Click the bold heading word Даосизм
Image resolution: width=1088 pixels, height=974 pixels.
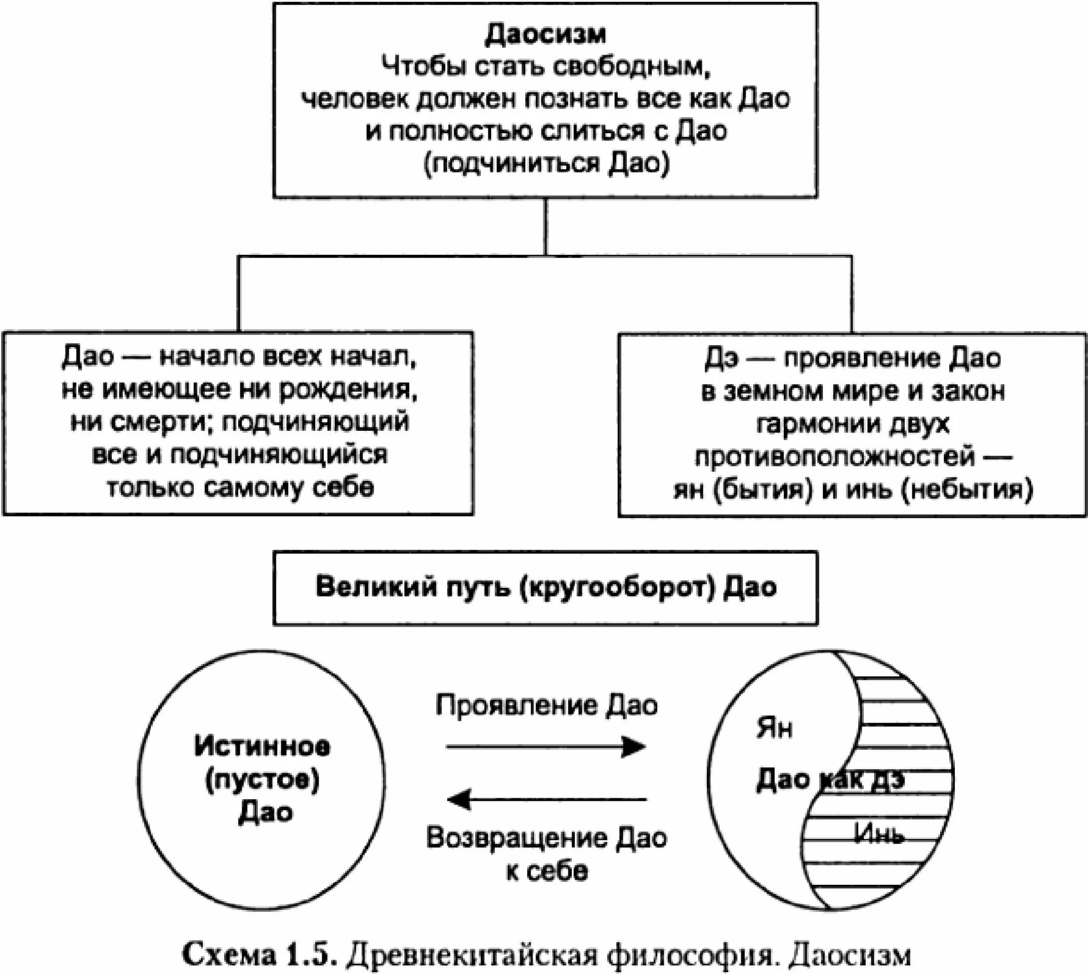pos(545,34)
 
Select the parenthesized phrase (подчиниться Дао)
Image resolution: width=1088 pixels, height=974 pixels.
pos(546,164)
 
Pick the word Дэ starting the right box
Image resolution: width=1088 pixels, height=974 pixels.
pos(721,359)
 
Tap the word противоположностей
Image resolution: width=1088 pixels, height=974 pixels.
pos(834,456)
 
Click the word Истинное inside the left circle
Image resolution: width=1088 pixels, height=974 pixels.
pos(262,746)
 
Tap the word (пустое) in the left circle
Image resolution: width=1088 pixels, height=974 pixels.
pos(262,780)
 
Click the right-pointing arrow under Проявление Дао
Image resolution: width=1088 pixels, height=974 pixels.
pos(546,747)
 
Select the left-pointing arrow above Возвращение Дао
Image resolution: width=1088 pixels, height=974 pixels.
pos(546,799)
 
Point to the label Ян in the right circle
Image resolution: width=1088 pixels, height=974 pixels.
pos(774,728)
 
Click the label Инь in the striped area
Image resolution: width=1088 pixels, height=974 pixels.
pos(878,833)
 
